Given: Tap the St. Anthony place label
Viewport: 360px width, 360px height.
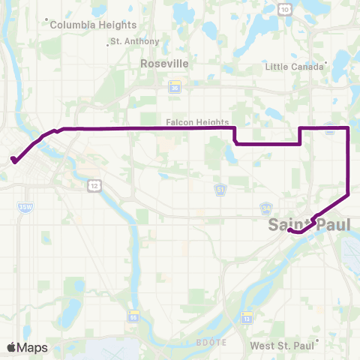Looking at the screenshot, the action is [125, 42].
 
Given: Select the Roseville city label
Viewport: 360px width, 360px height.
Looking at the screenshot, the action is [164, 64].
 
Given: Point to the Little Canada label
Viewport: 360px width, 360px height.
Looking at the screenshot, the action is [293, 67].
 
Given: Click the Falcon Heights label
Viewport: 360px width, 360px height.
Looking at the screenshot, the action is [191, 120].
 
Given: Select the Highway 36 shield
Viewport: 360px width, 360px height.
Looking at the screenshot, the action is [175, 88].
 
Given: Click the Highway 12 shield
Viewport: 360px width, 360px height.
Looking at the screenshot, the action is [93, 184].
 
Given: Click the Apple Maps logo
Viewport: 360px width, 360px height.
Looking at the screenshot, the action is [27, 347].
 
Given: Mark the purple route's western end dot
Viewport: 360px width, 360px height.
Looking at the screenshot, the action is [13, 159].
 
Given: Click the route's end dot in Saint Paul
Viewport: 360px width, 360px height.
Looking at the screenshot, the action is [289, 231].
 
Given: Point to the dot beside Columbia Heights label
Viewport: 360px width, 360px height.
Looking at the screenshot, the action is [46, 20].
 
